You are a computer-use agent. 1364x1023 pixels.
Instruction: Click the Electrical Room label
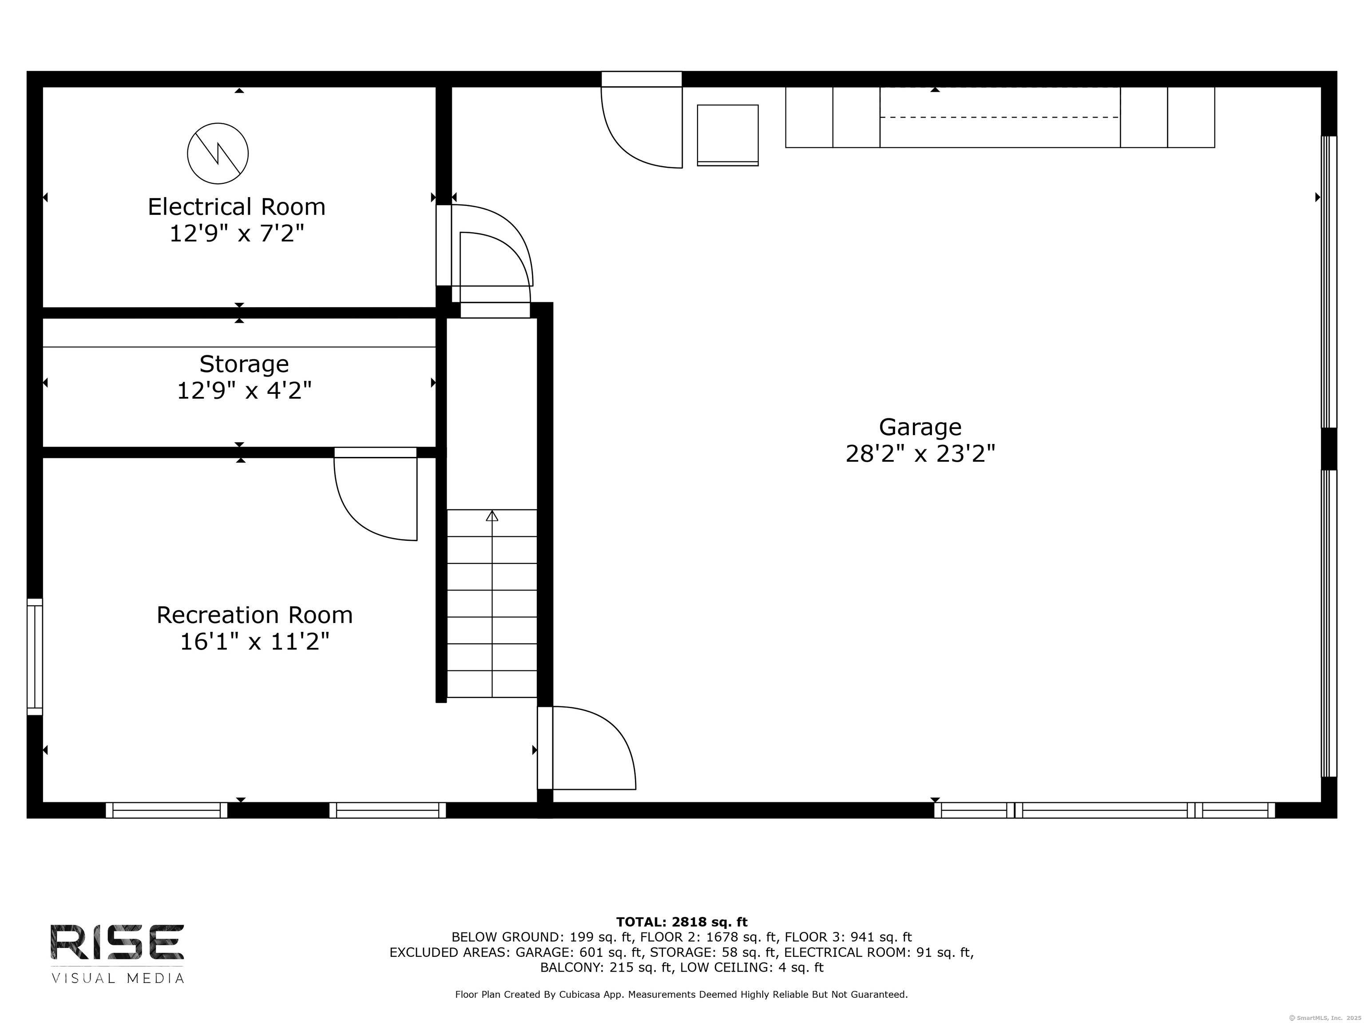(x=236, y=206)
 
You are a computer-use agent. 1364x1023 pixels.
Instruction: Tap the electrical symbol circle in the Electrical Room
(x=218, y=154)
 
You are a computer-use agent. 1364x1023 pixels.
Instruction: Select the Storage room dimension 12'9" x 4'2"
(x=244, y=390)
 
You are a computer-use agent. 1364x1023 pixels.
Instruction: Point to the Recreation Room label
(x=255, y=615)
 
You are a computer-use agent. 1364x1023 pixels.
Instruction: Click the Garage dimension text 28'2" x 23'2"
(x=920, y=454)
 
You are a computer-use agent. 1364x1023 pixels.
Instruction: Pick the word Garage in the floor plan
(x=920, y=427)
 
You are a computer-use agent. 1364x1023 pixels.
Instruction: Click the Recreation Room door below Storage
(x=376, y=495)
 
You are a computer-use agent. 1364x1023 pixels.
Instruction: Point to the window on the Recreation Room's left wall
(x=35, y=657)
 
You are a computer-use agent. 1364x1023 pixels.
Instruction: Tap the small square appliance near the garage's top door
(x=728, y=135)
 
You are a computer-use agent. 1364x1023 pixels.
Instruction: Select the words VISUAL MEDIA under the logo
(x=117, y=979)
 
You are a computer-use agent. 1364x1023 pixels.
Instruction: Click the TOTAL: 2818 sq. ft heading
(x=682, y=922)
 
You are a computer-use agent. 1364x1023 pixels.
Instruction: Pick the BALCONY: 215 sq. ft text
(x=606, y=967)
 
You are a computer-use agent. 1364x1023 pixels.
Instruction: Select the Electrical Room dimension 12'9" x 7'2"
(x=237, y=234)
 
